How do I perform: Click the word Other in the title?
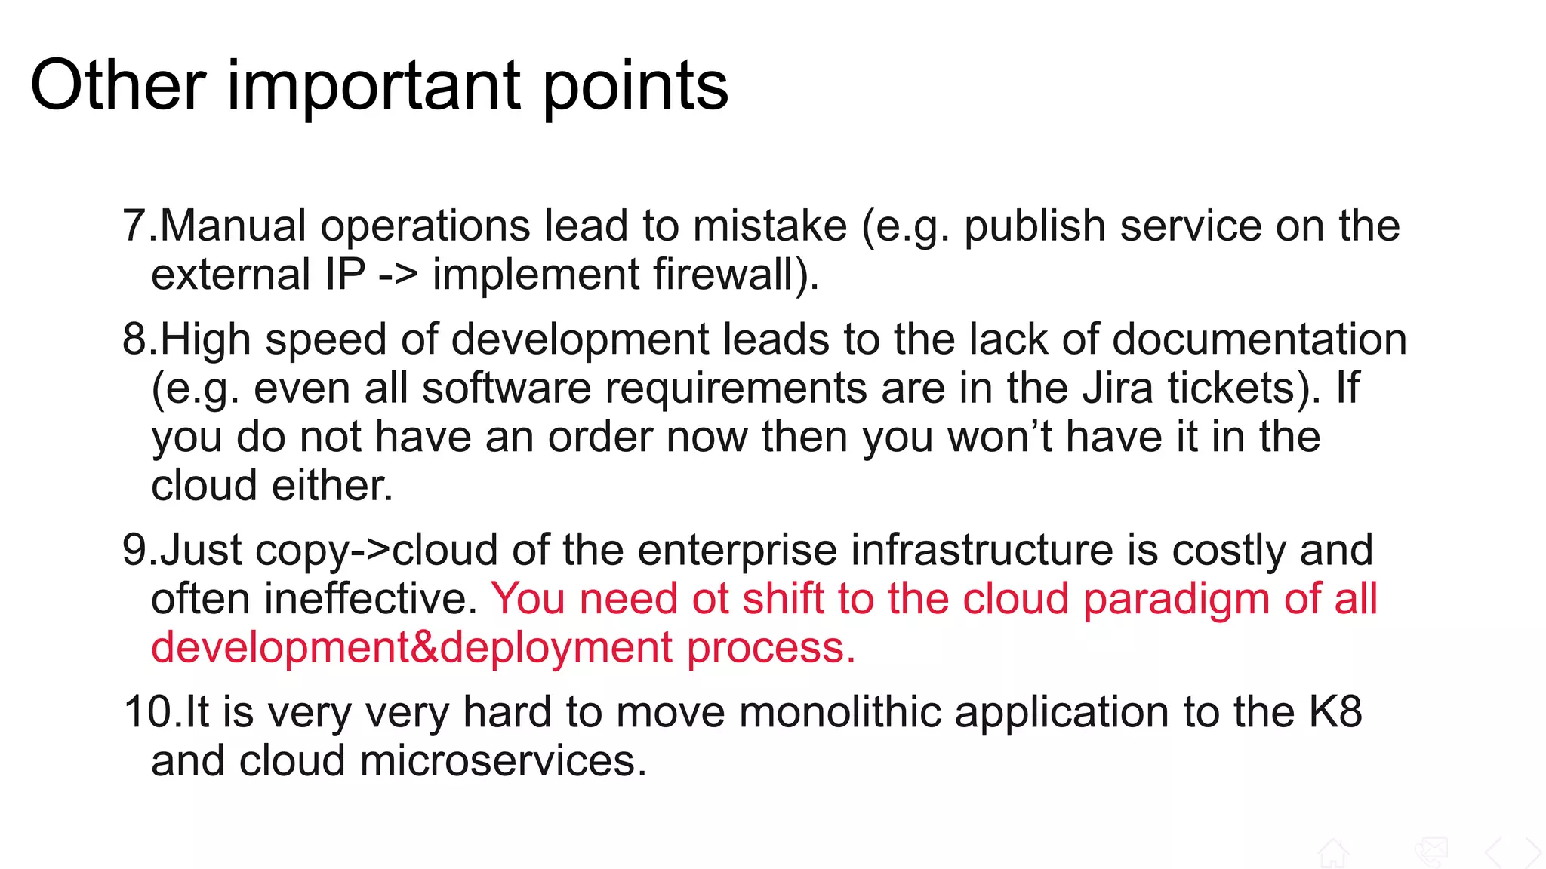pyautogui.click(x=118, y=85)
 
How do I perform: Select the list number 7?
pyautogui.click(x=134, y=226)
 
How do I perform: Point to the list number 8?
pyautogui.click(x=134, y=339)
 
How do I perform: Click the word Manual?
pyautogui.click(x=233, y=226)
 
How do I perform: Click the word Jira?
pyautogui.click(x=1117, y=388)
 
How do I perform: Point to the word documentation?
pyautogui.click(x=1259, y=339)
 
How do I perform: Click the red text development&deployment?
pyautogui.click(x=411, y=647)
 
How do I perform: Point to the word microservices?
pyautogui.click(x=504, y=760)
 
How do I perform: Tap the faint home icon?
pyautogui.click(x=1332, y=853)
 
